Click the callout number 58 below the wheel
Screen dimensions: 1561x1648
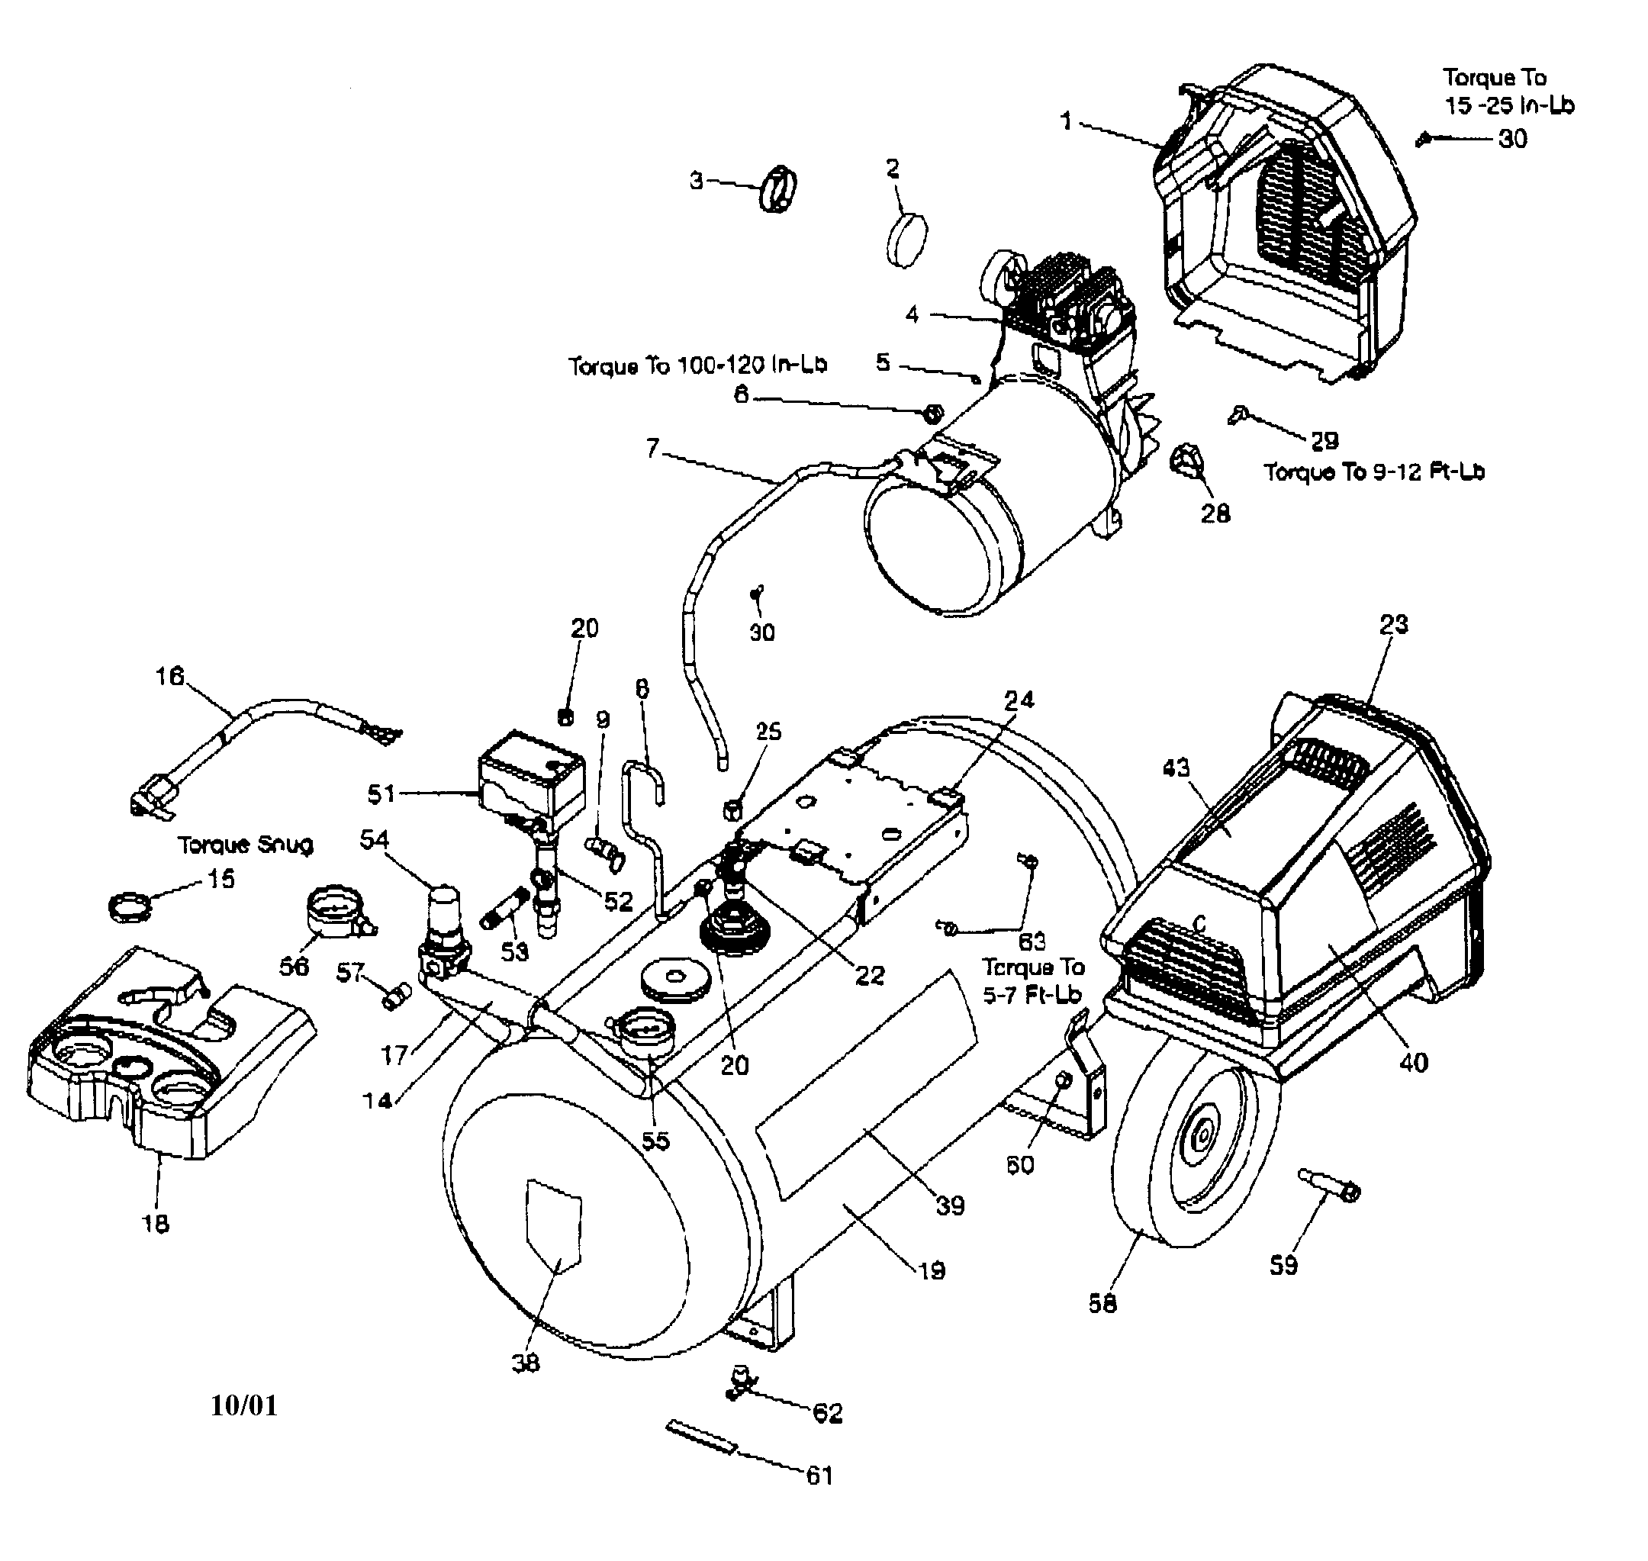1102,1303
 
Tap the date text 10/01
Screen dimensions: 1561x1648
243,1406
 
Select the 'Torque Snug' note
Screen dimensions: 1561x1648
246,845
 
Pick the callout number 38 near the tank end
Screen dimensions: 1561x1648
526,1363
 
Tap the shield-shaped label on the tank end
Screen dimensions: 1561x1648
553,1227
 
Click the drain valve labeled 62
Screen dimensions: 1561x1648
740,1381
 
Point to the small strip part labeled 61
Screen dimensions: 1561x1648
700,1438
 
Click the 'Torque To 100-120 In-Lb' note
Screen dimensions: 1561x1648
697,366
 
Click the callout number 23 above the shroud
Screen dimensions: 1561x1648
1393,624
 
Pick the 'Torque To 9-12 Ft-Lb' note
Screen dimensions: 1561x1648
1374,472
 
